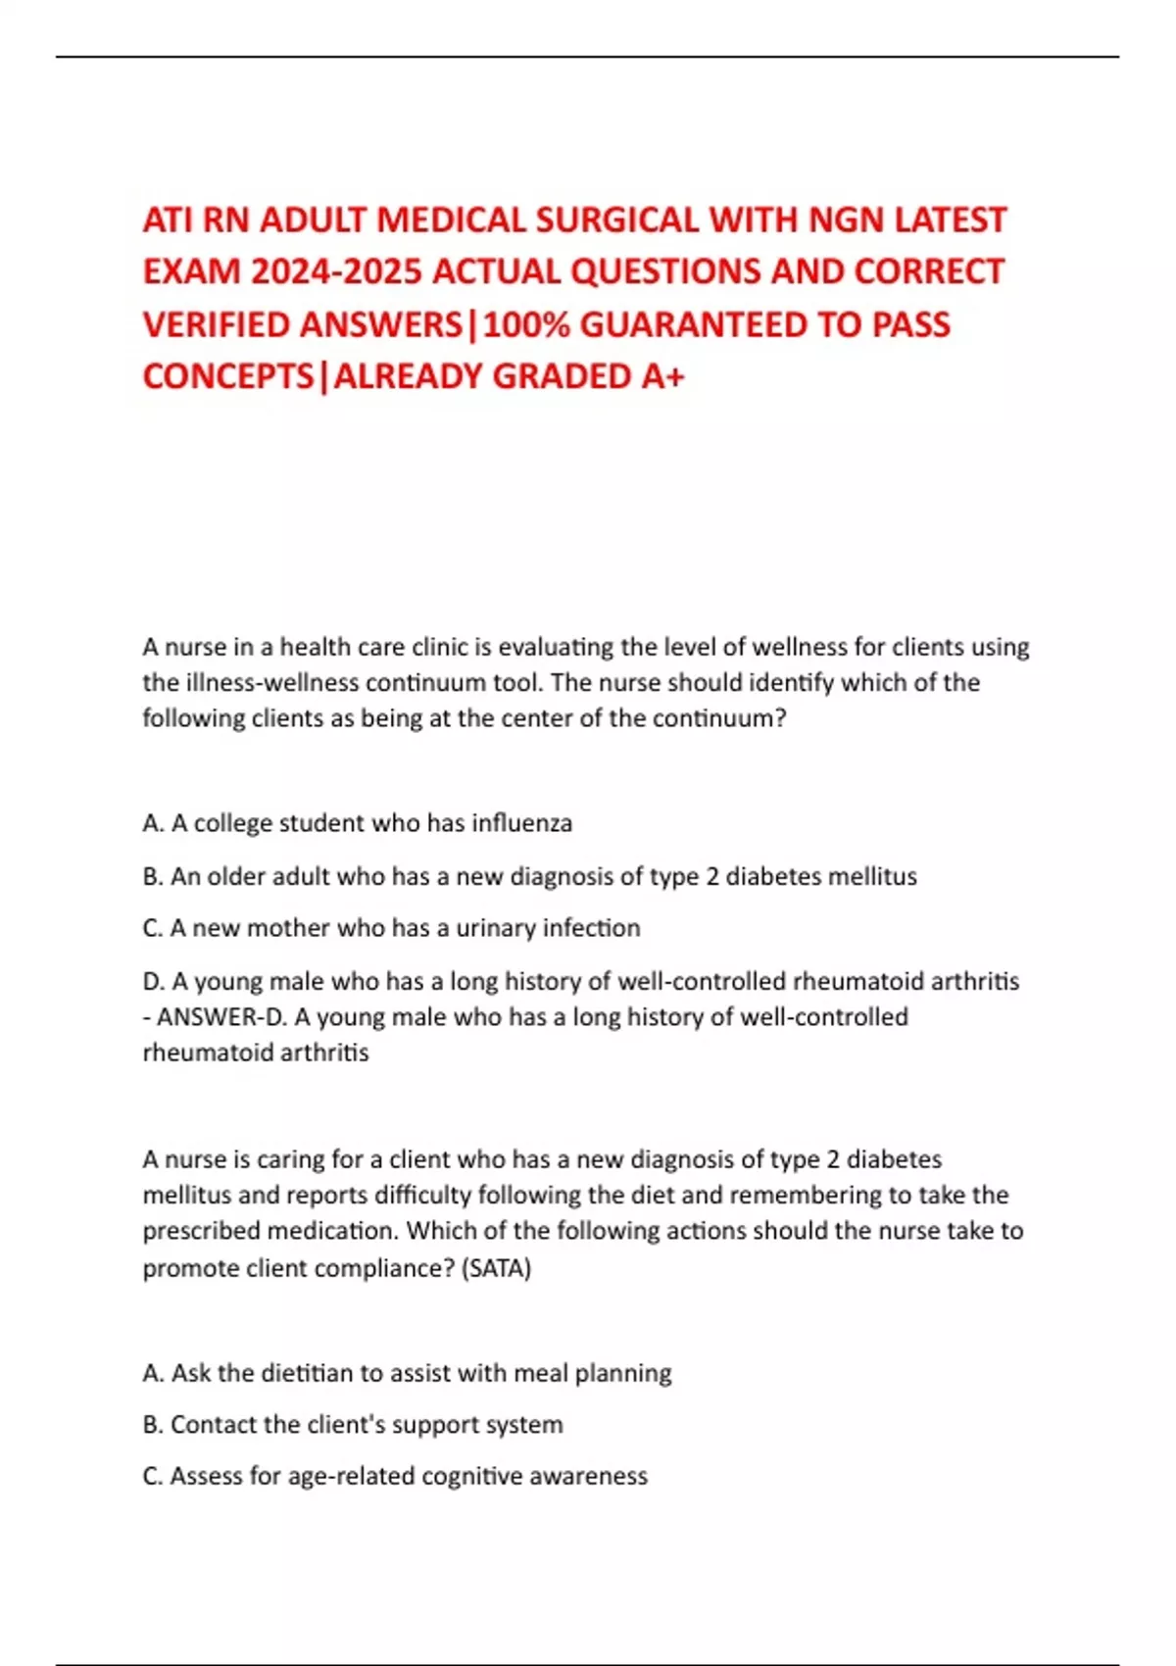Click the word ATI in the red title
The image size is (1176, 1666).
168,220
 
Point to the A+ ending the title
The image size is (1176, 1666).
662,376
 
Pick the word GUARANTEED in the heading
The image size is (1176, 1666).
695,324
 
